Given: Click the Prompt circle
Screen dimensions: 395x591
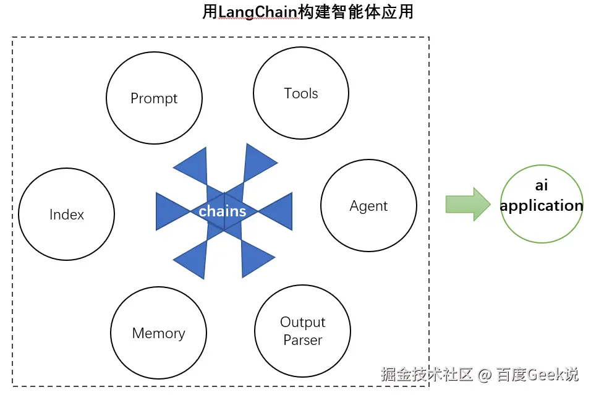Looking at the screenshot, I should pyautogui.click(x=154, y=98).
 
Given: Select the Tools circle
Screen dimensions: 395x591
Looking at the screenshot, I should pyautogui.click(x=301, y=93).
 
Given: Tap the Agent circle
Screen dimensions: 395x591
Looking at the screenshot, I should pyautogui.click(x=368, y=206).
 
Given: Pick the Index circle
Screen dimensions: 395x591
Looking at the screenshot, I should pyautogui.click(x=67, y=214).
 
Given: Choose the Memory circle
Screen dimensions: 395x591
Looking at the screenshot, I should pyautogui.click(x=158, y=333).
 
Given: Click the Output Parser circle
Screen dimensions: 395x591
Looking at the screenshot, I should pyautogui.click(x=302, y=331).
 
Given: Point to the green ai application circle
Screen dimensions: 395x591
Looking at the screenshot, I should pyautogui.click(x=542, y=203).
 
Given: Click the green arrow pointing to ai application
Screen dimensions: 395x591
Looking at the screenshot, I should pyautogui.click(x=467, y=204).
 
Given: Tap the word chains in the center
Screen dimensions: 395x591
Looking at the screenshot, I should pyautogui.click(x=223, y=211).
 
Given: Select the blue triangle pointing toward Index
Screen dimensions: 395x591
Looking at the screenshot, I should pyautogui.click(x=170, y=211).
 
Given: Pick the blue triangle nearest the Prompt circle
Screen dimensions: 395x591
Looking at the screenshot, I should pyautogui.click(x=193, y=168).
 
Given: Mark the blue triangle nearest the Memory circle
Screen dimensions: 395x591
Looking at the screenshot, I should pyautogui.click(x=193, y=258).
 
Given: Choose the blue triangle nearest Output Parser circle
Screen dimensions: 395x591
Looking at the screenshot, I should pyautogui.click(x=254, y=257).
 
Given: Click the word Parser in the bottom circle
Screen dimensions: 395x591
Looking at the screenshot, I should pyautogui.click(x=302, y=341).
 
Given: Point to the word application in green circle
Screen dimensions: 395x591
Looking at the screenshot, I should pyautogui.click(x=542, y=206).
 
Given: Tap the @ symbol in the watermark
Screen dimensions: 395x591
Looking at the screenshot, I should pyautogui.click(x=485, y=375).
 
